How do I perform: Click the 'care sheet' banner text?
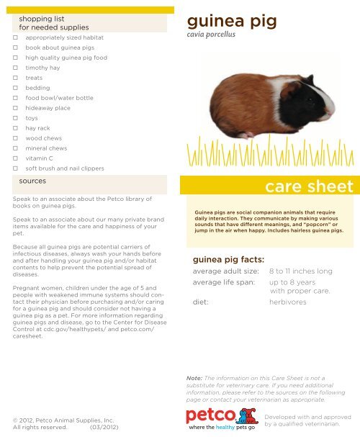pyautogui.click(x=309, y=188)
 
